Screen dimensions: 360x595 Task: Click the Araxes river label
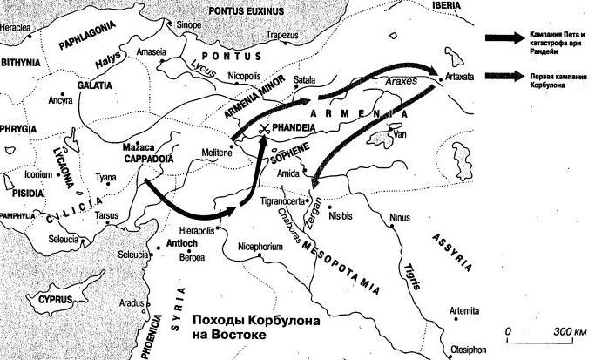[402, 79]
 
